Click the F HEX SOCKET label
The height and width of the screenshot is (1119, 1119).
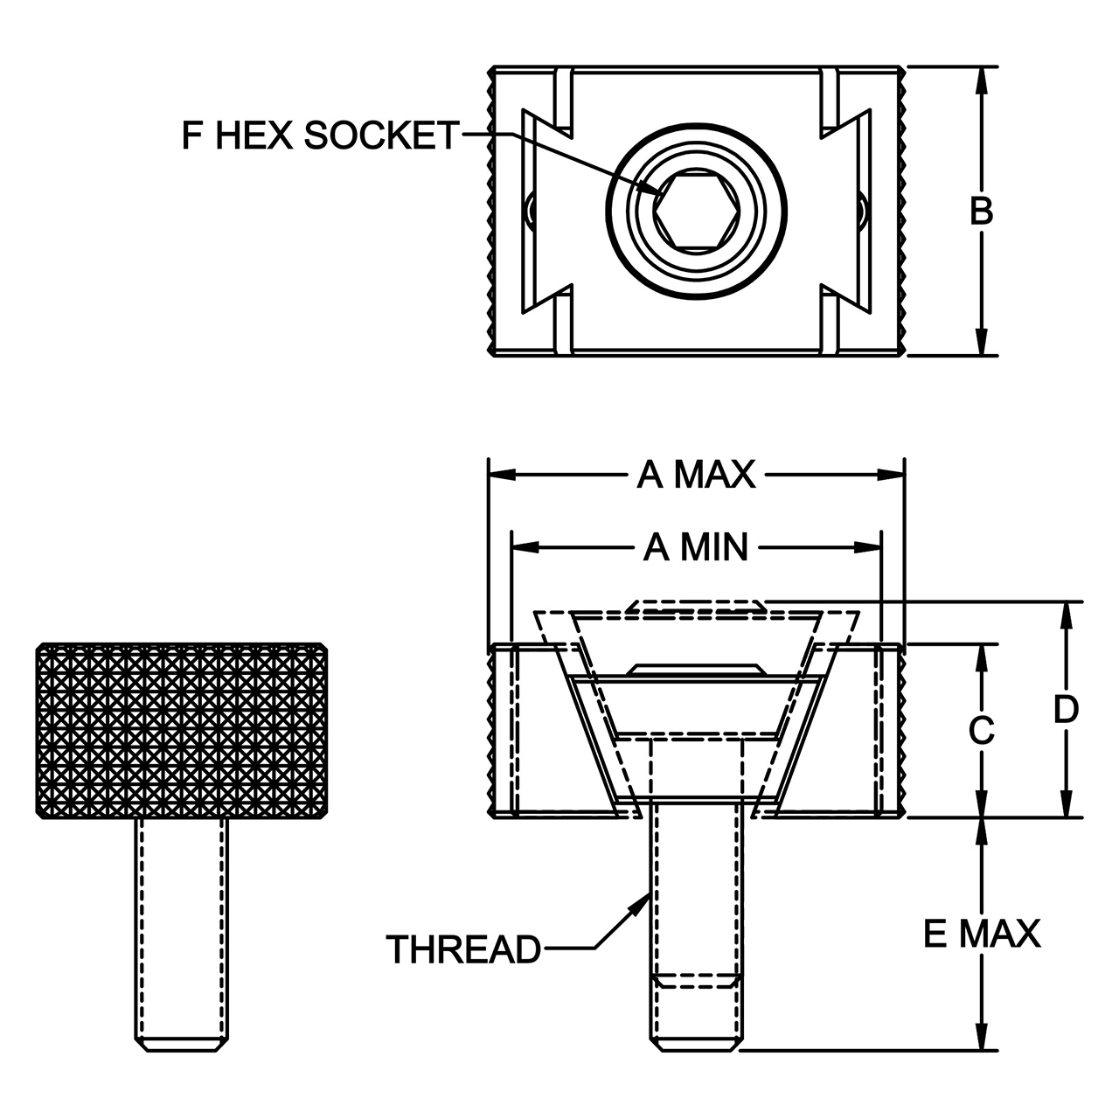321,136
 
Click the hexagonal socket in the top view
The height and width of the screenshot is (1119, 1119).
696,212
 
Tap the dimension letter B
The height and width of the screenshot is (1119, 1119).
982,211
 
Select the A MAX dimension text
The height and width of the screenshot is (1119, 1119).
696,475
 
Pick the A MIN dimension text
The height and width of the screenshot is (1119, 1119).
696,547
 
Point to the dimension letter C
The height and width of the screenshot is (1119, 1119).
982,730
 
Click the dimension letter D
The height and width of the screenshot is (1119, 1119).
1067,709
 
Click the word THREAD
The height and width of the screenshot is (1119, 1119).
463,950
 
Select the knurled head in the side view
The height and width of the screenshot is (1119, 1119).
182,731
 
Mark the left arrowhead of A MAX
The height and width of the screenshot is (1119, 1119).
503,475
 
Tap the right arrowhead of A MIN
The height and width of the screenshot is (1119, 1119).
868,547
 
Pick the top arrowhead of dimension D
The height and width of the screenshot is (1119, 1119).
1067,615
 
